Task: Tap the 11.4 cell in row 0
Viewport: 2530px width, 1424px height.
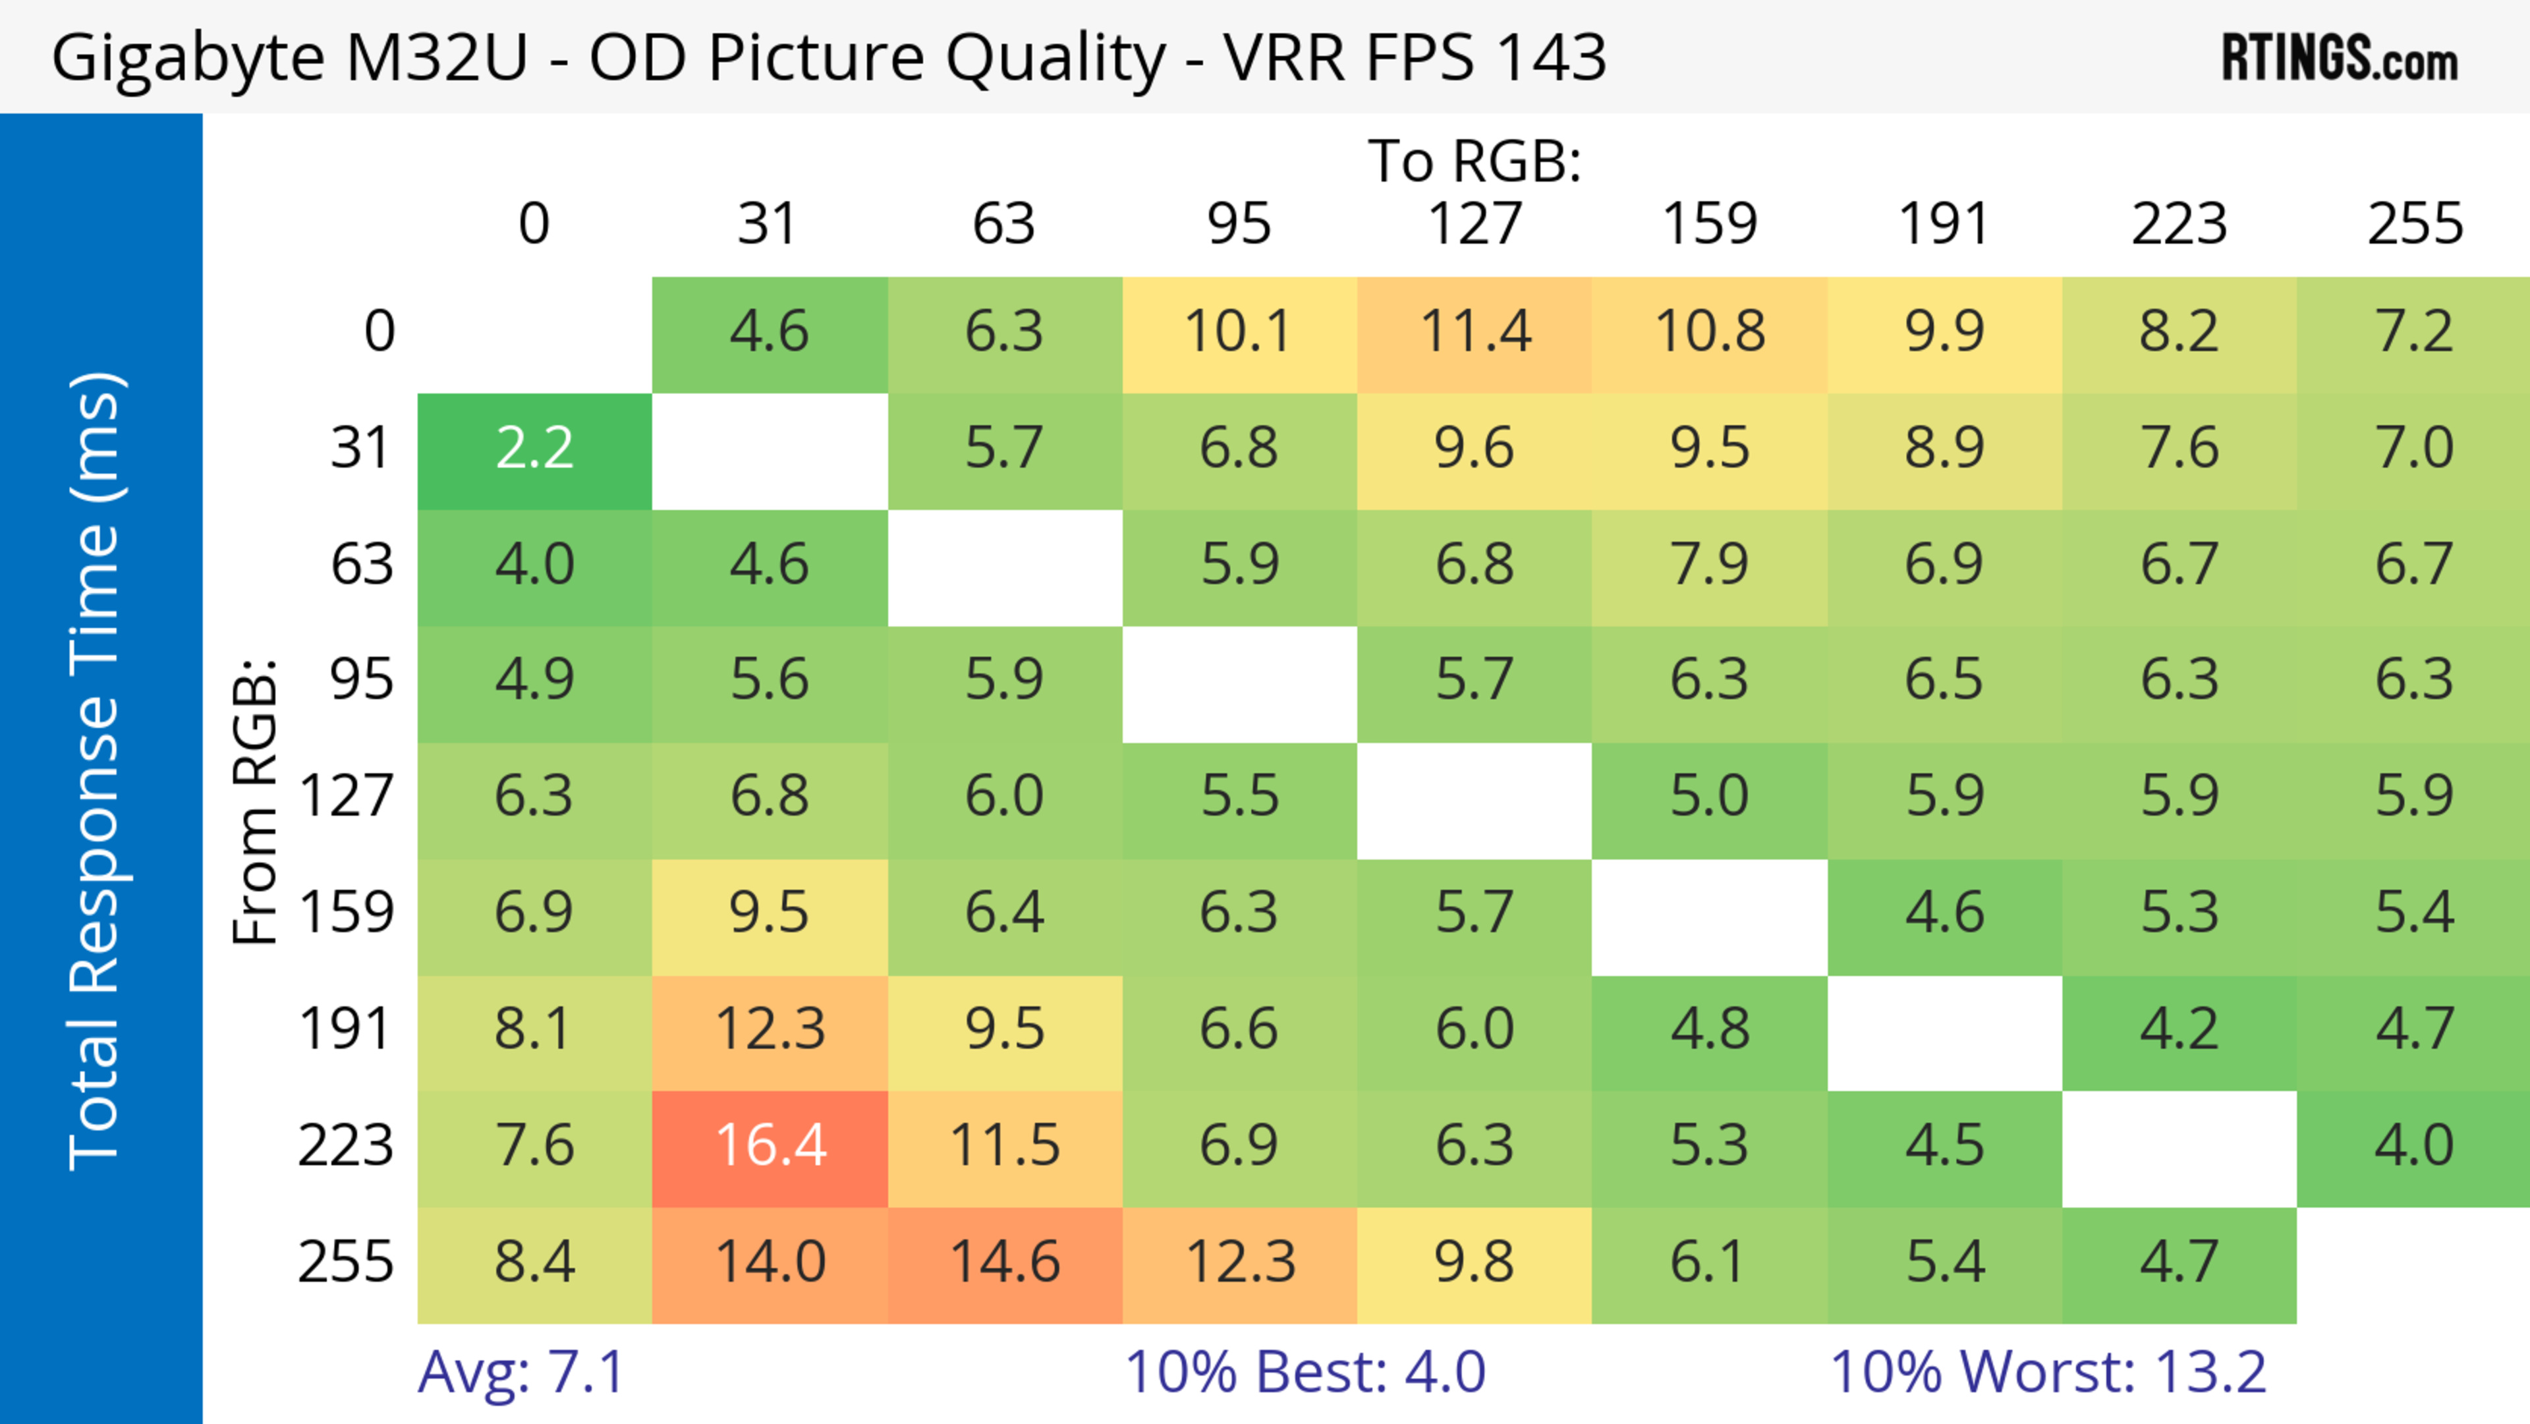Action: [x=1475, y=333]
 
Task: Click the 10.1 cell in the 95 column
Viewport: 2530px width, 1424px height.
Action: [x=1239, y=333]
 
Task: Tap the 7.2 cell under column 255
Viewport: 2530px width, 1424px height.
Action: [x=2413, y=333]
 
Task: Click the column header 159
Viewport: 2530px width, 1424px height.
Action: [x=1709, y=224]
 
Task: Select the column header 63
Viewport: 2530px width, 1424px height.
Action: [x=1003, y=224]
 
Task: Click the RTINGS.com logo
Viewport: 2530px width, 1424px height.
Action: [x=2340, y=59]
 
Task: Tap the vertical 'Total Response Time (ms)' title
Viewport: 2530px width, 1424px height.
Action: [x=96, y=771]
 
